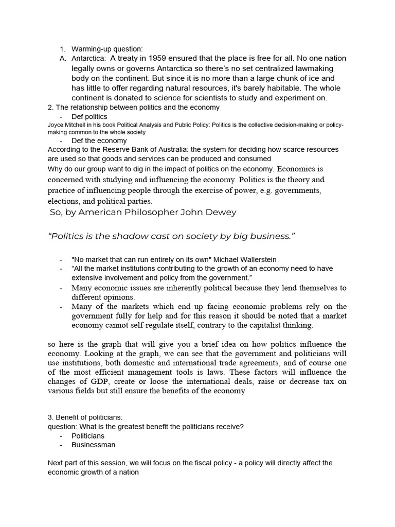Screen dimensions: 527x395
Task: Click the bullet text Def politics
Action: pos(89,117)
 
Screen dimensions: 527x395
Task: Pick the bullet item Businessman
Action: pos(93,445)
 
